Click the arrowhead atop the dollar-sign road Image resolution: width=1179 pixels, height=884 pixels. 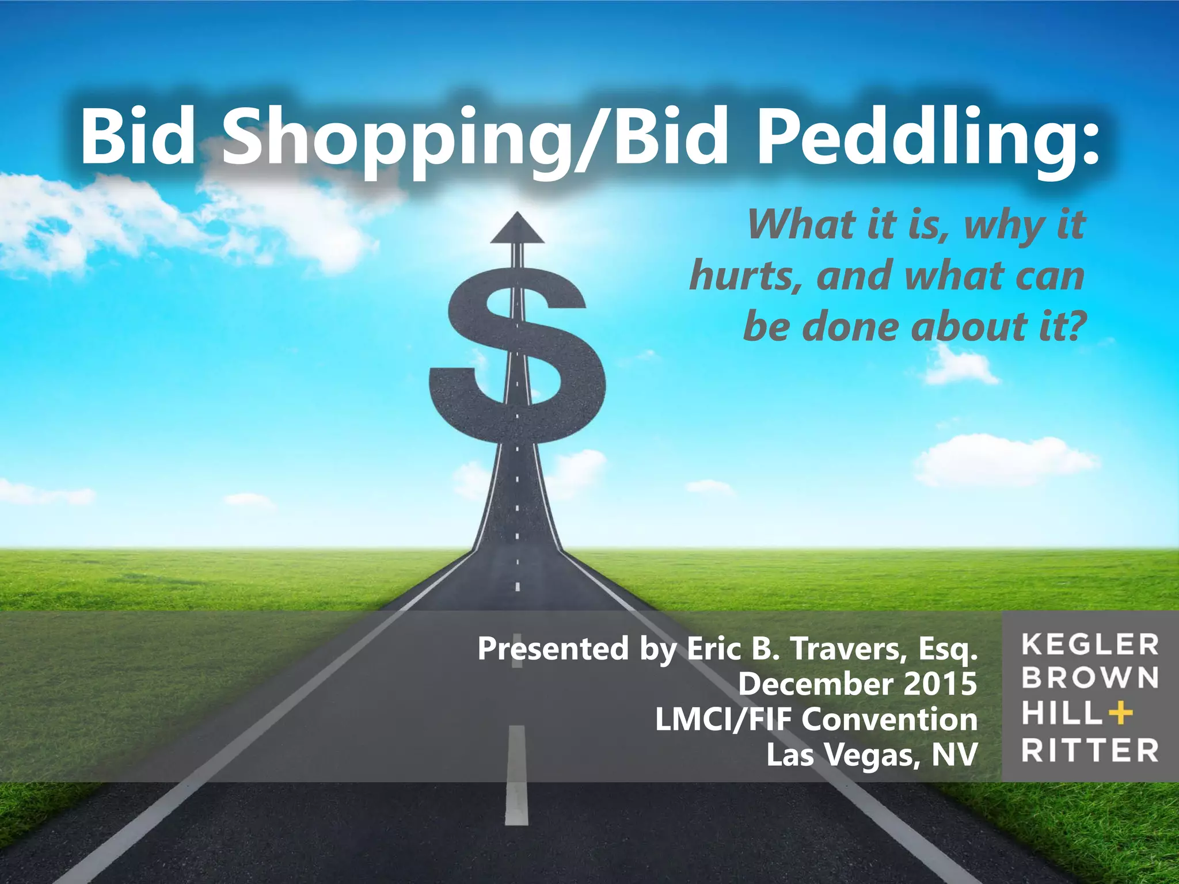tap(517, 229)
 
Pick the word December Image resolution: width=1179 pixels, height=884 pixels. tap(816, 684)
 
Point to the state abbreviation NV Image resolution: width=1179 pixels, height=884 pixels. tap(954, 755)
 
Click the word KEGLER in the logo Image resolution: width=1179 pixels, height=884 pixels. tap(1090, 645)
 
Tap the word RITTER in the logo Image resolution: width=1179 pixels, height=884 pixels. tap(1090, 750)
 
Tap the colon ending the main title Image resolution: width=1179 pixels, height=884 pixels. tap(1087, 141)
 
